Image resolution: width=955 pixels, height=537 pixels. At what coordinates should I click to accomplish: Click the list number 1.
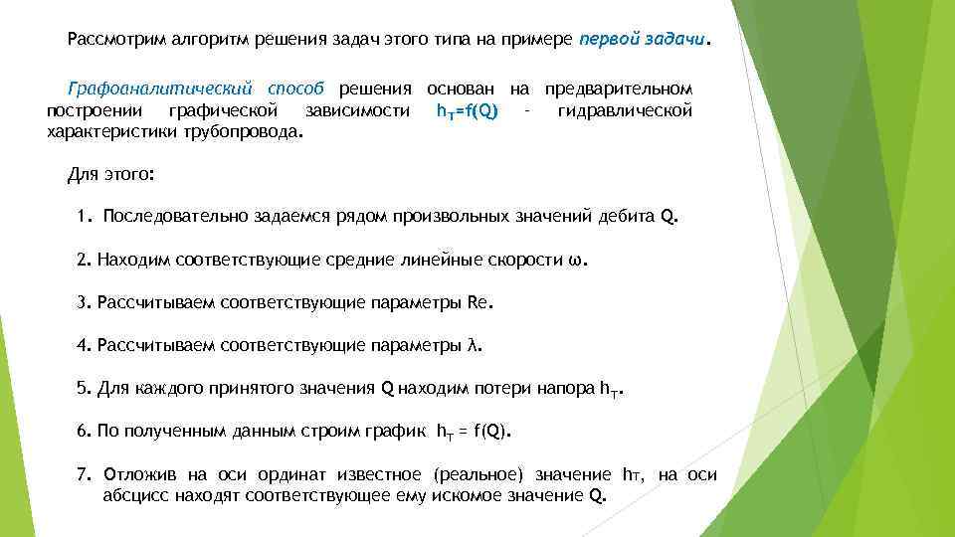[x=82, y=217]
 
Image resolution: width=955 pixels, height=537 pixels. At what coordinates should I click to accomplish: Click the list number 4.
[x=82, y=345]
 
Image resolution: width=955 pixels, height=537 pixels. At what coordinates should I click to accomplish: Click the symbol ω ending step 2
[x=580, y=260]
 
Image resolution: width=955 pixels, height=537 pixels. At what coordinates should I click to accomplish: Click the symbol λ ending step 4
[x=473, y=345]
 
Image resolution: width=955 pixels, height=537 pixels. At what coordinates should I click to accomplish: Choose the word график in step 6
[x=400, y=431]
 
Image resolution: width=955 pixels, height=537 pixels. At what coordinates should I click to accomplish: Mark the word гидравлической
[x=625, y=109]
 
